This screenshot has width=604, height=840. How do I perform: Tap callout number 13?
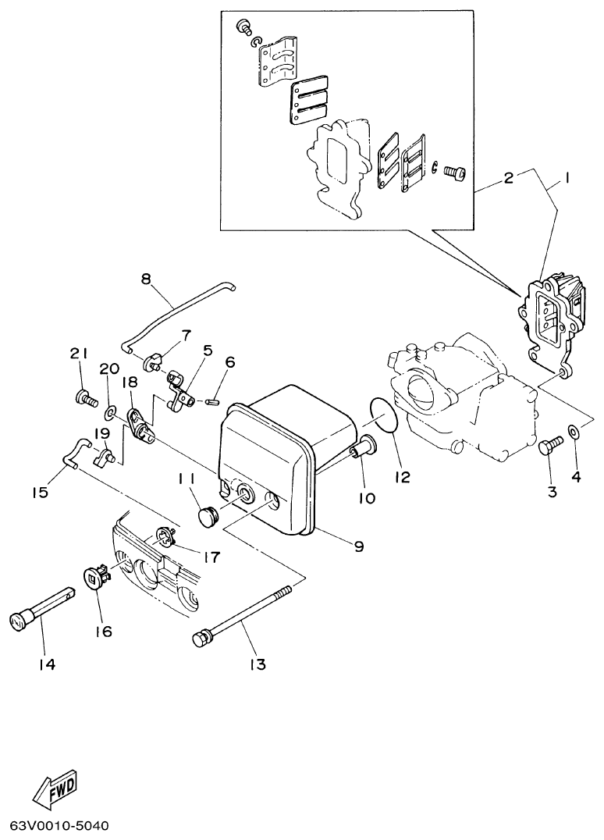coord(258,664)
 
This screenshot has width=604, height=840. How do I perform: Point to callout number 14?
coord(48,664)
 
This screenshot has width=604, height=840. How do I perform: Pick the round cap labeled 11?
coord(207,516)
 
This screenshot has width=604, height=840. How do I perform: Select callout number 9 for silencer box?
coord(359,547)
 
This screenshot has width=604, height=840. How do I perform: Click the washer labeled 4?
coord(574,431)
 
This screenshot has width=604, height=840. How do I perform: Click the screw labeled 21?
coord(84,399)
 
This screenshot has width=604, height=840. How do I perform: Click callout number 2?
coord(507,178)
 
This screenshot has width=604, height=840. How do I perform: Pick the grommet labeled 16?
coord(95,578)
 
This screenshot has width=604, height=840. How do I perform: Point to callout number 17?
coord(210,557)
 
